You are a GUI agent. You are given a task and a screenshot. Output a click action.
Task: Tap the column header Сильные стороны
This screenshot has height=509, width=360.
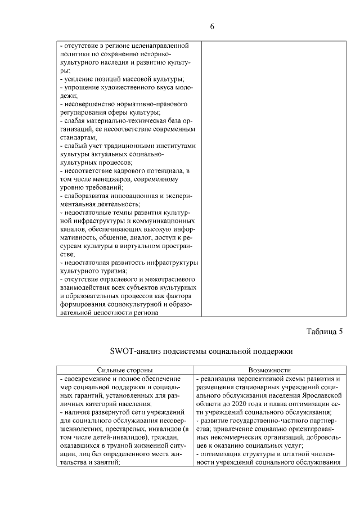coord(125,370)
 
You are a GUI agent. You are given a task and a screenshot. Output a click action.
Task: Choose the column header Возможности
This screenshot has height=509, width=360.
coord(269,370)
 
